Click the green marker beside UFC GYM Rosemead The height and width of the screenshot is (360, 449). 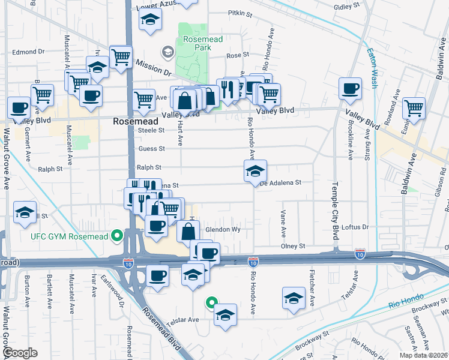coord(118,236)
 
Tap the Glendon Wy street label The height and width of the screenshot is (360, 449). coord(223,230)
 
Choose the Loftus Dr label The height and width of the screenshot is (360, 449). coord(354,227)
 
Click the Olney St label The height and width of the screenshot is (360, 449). coord(294,246)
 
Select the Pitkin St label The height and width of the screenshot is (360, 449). coord(238,12)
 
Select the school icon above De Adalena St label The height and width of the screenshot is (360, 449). coord(255,171)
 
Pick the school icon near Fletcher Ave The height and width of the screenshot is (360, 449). coord(294,298)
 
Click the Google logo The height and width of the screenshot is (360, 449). coord(20,353)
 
